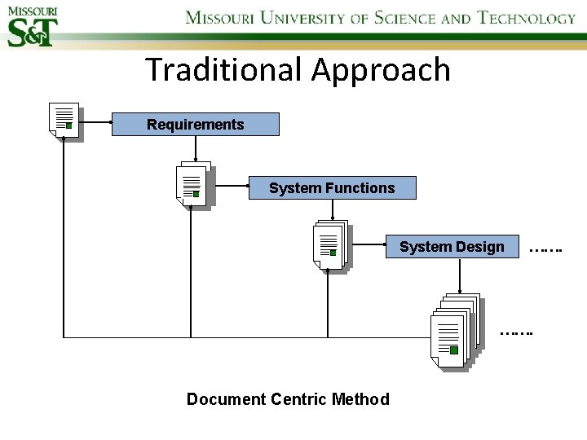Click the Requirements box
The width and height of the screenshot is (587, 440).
point(195,125)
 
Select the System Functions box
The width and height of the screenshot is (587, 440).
point(332,188)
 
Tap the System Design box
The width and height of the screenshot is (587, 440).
point(452,247)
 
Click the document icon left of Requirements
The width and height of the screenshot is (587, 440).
point(64,121)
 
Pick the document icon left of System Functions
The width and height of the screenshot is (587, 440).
point(192,184)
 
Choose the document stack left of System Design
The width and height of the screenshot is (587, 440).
point(329,244)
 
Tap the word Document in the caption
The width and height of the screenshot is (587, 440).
point(226,399)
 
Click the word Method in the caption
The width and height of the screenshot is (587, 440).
point(361,399)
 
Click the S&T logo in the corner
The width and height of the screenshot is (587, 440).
point(33,26)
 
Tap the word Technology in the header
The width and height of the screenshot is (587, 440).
point(527,18)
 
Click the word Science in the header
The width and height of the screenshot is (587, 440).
point(405,18)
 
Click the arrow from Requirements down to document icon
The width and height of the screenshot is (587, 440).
point(196,149)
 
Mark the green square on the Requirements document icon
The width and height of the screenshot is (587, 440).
point(69,125)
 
